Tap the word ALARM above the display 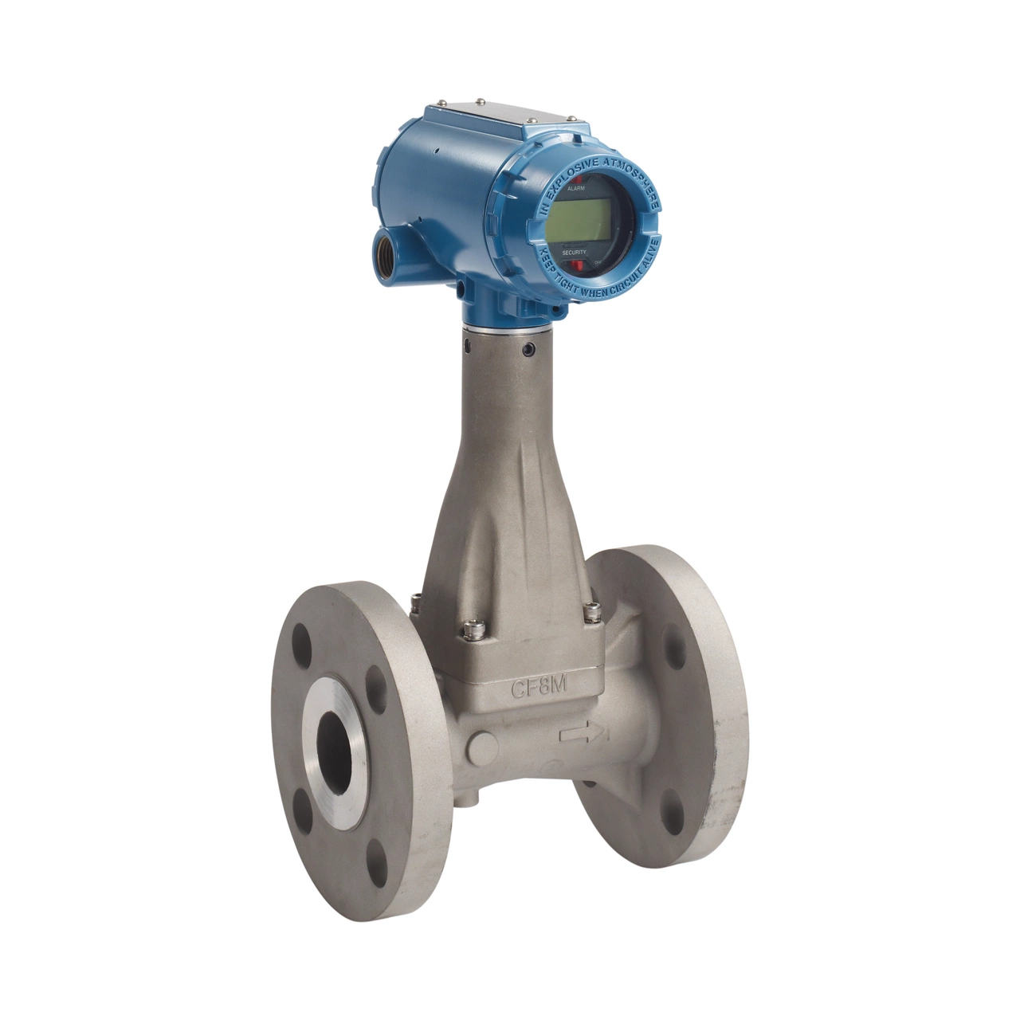pos(575,190)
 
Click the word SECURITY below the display pos(574,252)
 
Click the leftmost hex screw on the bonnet pos(415,606)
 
